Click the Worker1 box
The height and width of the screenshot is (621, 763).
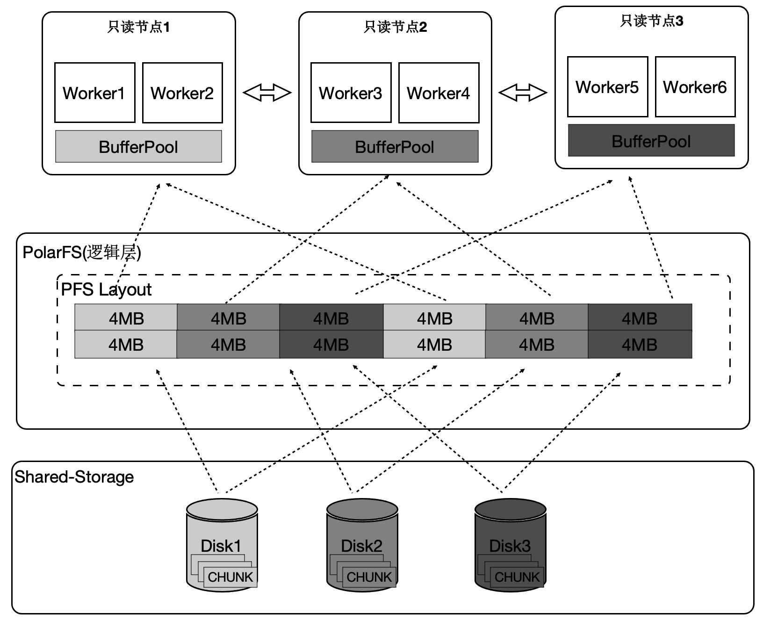click(94, 93)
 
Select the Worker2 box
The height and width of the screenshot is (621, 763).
click(182, 93)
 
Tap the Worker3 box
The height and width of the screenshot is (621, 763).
click(351, 93)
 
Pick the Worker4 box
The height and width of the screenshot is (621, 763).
click(439, 93)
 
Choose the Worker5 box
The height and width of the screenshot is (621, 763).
click(607, 87)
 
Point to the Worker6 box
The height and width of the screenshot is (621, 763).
click(695, 87)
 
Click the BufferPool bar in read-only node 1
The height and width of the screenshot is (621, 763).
click(138, 147)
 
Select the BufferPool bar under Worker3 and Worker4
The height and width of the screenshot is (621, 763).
click(395, 147)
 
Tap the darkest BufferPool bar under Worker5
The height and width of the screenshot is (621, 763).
click(651, 141)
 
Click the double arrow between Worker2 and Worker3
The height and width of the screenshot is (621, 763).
click(267, 93)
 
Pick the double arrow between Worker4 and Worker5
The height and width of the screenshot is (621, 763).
click(523, 93)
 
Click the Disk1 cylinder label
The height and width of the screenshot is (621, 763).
click(221, 546)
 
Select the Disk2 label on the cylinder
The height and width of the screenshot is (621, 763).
click(361, 546)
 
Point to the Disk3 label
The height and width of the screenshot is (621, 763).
click(510, 546)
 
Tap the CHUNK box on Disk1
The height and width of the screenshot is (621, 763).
click(230, 577)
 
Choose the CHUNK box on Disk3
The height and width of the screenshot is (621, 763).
click(517, 577)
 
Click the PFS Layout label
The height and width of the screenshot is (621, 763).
click(106, 289)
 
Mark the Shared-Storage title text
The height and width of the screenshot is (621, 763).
click(74, 477)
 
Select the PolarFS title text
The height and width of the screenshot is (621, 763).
click(82, 253)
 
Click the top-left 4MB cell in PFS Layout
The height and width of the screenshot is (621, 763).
click(126, 318)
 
